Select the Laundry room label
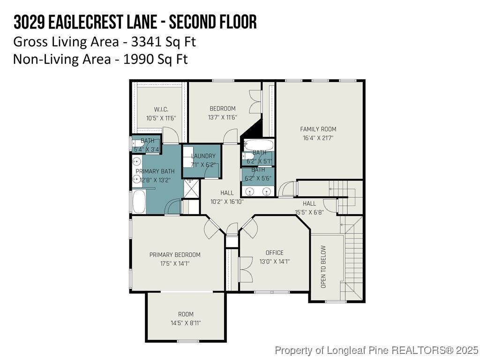[x=203, y=156]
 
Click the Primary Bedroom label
[x=175, y=255]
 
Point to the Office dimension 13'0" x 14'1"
[x=274, y=262]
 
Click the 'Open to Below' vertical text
[x=323, y=267]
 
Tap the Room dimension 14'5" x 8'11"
[x=186, y=323]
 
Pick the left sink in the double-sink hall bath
[x=250, y=191]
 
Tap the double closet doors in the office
[x=244, y=270]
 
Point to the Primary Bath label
[x=155, y=171]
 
